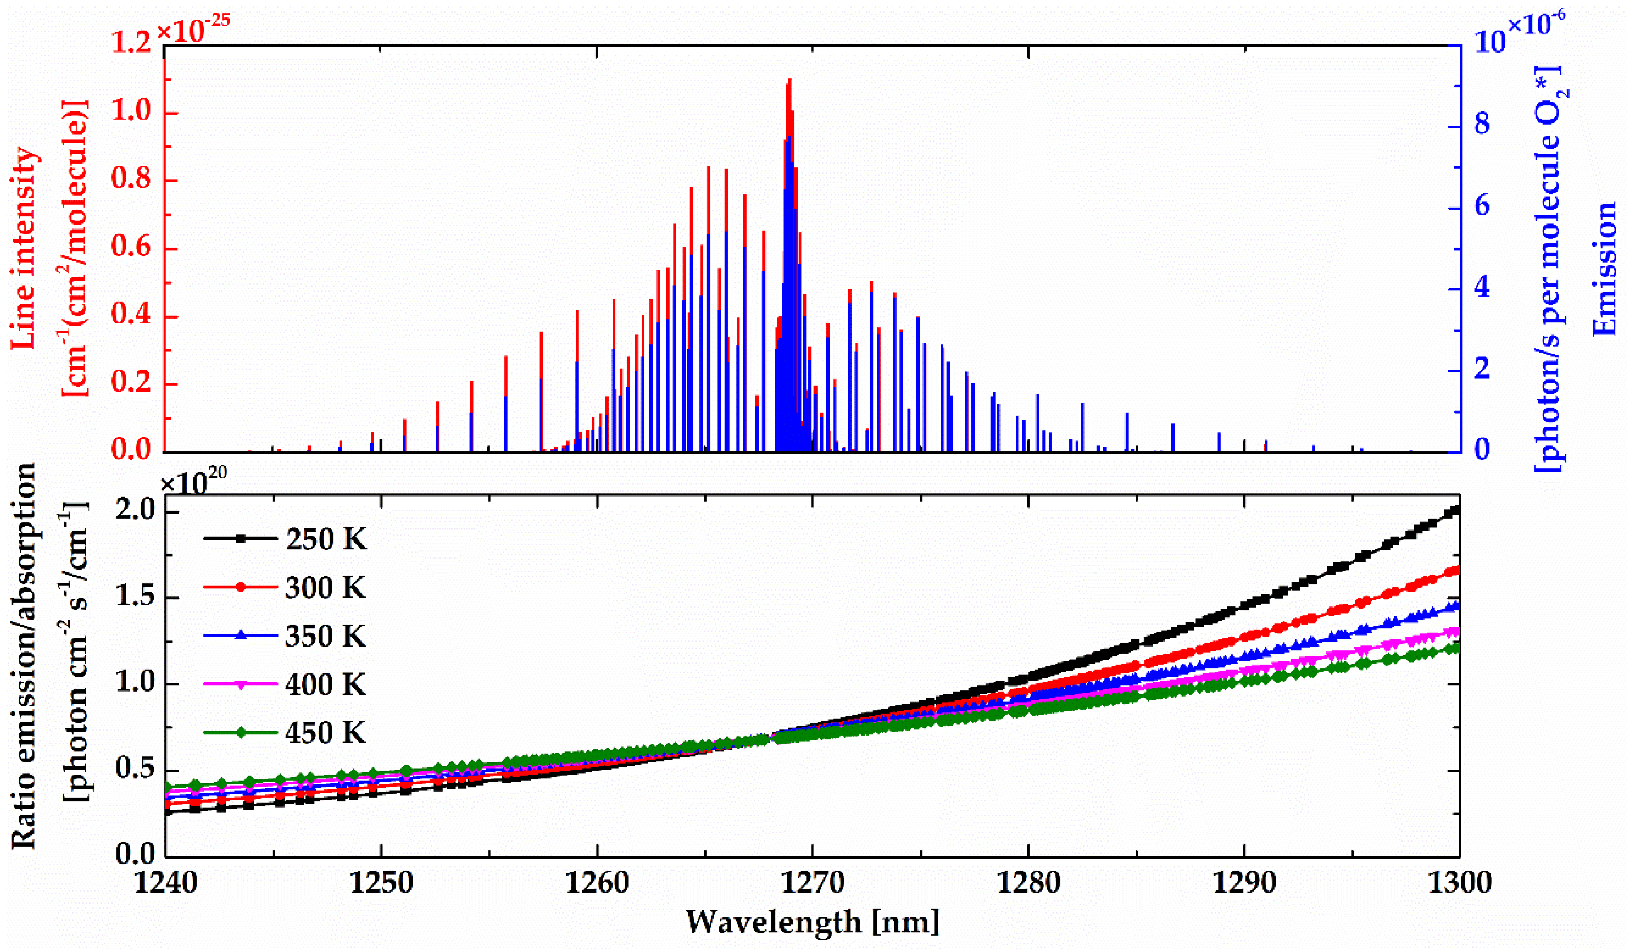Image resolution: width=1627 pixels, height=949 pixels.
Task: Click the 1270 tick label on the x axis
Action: point(812,882)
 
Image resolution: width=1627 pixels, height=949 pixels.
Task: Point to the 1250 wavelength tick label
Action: point(382,882)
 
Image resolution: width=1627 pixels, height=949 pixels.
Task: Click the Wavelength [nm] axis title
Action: point(812,922)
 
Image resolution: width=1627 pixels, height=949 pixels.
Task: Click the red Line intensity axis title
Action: point(25,249)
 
